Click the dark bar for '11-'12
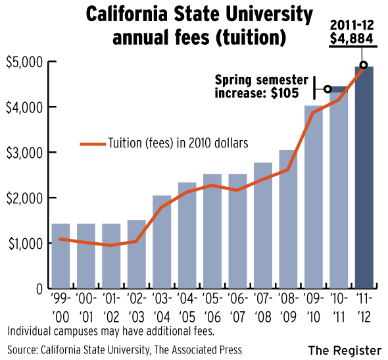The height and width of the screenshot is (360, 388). pyautogui.click(x=364, y=178)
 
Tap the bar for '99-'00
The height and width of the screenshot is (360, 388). pyautogui.click(x=60, y=256)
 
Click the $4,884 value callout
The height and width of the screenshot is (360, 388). pyautogui.click(x=351, y=38)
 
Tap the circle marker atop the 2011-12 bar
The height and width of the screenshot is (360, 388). pyautogui.click(x=363, y=65)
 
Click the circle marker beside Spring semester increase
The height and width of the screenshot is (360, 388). pyautogui.click(x=327, y=89)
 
